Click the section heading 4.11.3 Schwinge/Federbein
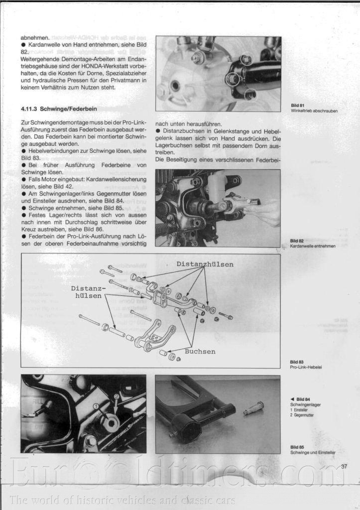pyautogui.click(x=59, y=108)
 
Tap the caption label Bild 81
pyautogui.click(x=298, y=106)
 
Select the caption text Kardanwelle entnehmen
pyautogui.click(x=313, y=246)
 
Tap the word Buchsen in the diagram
pyautogui.click(x=200, y=352)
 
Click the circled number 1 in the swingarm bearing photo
pyautogui.click(x=96, y=406)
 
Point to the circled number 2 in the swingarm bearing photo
pyautogui.click(x=117, y=396)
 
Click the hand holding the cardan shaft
pyautogui.click(x=264, y=212)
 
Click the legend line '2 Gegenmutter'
pyautogui.click(x=302, y=414)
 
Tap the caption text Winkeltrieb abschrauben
pyautogui.click(x=314, y=111)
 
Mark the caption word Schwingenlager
pyautogui.click(x=305, y=405)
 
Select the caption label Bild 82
pyautogui.click(x=297, y=241)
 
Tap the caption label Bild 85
pyautogui.click(x=298, y=447)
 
